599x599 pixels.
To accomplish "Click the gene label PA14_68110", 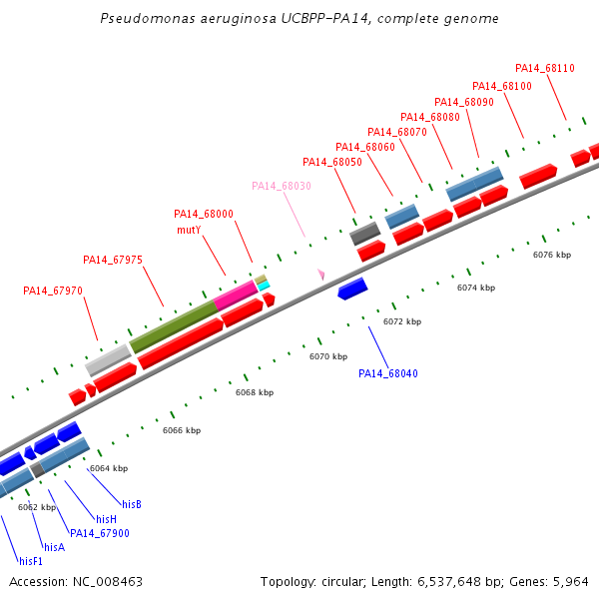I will point(545,68).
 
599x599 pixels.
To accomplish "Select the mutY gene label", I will point(189,230).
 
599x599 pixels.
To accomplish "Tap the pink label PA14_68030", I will point(282,186).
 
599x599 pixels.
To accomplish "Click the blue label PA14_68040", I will point(388,373).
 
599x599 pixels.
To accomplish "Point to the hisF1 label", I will point(31,561).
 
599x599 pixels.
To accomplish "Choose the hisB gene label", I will point(132,504).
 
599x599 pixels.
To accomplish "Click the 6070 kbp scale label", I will point(327,356).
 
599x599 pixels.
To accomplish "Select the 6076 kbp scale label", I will point(552,255).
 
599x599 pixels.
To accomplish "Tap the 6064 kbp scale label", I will point(109,468).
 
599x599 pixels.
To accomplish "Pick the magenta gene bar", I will point(236,295).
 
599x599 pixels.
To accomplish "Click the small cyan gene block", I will point(264,287).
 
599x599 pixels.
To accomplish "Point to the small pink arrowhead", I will point(321,275).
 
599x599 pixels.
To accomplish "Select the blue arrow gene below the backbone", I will point(352,289).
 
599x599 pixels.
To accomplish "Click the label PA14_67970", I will point(53,292).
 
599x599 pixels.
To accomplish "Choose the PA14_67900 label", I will point(100,533).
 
